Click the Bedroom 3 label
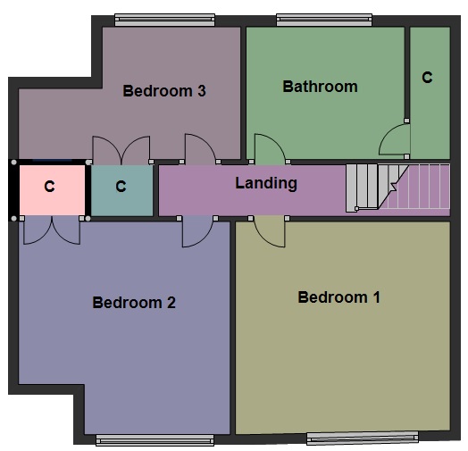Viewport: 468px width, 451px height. (164, 90)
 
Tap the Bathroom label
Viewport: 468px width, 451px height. (320, 87)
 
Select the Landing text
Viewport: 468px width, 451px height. (265, 183)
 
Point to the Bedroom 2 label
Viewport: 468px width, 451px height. (134, 303)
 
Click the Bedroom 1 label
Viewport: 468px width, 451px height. (338, 297)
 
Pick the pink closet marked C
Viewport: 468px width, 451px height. (50, 188)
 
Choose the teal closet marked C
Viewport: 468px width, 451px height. (121, 188)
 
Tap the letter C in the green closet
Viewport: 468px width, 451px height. (427, 78)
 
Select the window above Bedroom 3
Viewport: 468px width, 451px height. (164, 19)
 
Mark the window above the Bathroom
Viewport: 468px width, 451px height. (324, 19)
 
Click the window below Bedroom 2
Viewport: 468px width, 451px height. (155, 439)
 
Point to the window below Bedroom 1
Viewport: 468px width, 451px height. (362, 438)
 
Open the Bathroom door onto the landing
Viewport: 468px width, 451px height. (269, 149)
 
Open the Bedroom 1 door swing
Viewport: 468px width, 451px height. (269, 230)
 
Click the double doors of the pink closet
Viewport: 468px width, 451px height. (51, 230)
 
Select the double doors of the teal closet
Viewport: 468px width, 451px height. (121, 150)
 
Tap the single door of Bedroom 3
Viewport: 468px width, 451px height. (197, 148)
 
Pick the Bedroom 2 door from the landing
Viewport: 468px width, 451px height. (196, 231)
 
